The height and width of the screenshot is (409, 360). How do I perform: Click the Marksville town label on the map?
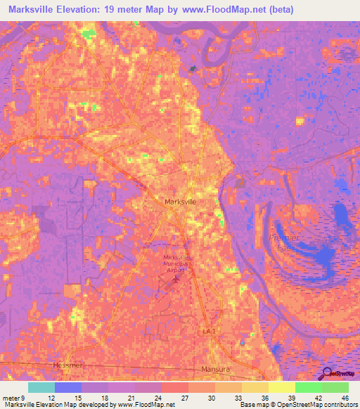(x=180, y=202)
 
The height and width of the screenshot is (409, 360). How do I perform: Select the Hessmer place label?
(x=67, y=366)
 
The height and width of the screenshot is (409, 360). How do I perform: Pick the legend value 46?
(x=344, y=398)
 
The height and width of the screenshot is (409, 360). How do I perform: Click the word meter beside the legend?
(x=11, y=398)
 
